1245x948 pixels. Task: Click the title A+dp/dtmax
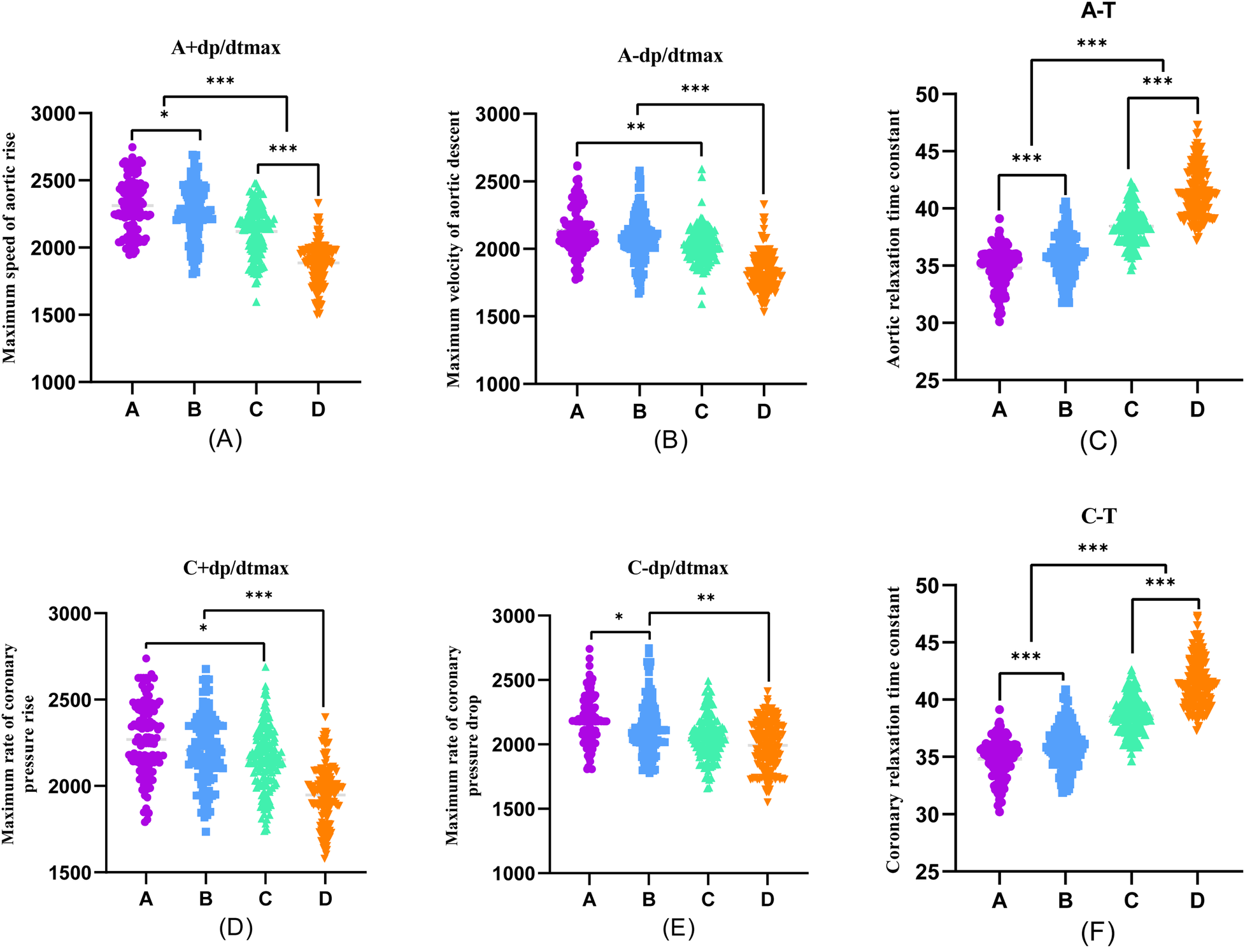(225, 48)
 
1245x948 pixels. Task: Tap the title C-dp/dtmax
(678, 568)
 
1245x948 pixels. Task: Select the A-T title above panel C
(1098, 11)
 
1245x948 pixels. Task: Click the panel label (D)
(236, 928)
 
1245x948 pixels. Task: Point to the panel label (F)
(1098, 933)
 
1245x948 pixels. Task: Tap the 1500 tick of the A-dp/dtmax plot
(497, 317)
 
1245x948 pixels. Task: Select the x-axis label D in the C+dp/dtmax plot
(325, 899)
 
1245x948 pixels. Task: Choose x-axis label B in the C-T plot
(1065, 901)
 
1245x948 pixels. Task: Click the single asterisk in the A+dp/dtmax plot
(164, 115)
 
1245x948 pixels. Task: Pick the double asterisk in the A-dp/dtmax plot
(636, 127)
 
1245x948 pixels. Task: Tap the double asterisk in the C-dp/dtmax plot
(706, 598)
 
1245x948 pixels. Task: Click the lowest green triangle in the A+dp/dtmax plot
(257, 302)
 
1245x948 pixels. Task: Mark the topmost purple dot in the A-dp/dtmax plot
(577, 166)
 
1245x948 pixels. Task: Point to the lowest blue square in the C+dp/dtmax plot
(206, 831)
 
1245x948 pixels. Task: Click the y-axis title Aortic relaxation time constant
(893, 238)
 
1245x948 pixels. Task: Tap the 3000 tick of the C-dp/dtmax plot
(513, 616)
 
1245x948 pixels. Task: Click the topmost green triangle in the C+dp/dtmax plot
(266, 667)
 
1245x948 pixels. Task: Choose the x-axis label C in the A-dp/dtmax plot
(701, 412)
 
